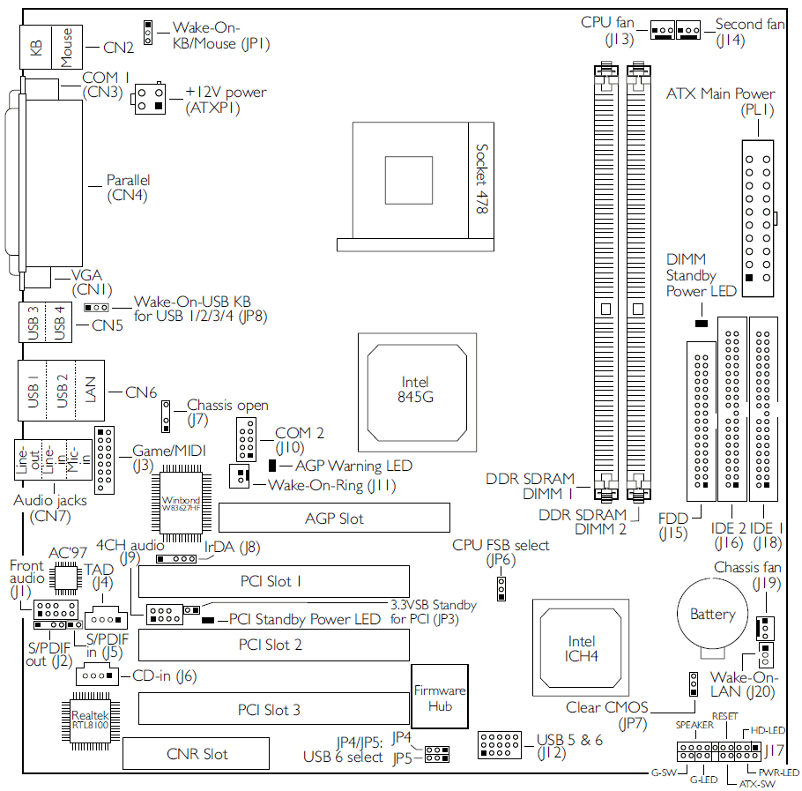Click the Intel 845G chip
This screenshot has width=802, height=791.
(x=417, y=392)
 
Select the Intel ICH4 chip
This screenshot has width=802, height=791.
(x=581, y=648)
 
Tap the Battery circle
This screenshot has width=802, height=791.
(x=712, y=614)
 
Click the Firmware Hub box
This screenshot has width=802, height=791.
(x=440, y=697)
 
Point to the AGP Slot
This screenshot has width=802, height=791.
(x=335, y=518)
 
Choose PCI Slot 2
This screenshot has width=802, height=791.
(x=273, y=645)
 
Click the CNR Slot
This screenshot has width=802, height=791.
(x=196, y=753)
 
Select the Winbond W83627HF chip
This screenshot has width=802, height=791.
(x=181, y=504)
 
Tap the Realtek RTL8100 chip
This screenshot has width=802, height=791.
(x=91, y=720)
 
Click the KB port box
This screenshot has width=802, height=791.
(x=36, y=47)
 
